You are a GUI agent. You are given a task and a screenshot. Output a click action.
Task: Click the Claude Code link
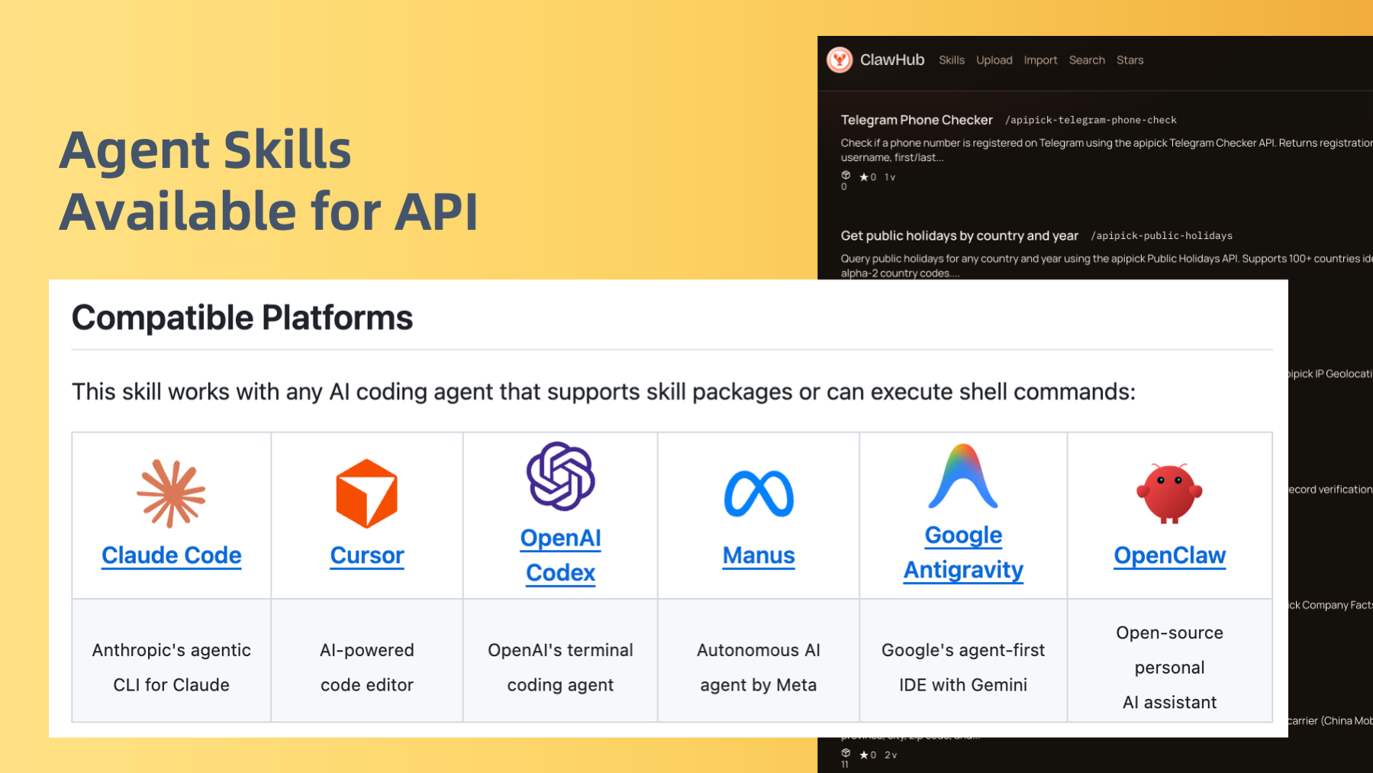[x=172, y=555]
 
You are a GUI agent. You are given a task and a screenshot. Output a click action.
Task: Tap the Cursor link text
[x=367, y=555]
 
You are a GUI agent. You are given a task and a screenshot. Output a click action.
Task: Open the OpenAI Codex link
[x=560, y=555]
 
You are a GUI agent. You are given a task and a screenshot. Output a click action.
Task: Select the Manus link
[x=759, y=555]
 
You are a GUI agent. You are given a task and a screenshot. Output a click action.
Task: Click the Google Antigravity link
[x=963, y=553]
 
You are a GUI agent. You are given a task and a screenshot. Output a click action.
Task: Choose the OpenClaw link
[x=1169, y=555]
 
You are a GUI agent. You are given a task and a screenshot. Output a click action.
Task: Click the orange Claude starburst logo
[x=172, y=493]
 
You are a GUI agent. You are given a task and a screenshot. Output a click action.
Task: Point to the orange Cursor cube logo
[x=367, y=493]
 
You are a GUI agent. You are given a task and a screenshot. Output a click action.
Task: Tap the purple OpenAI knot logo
[x=561, y=476]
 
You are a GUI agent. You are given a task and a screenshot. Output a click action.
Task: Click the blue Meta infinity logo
[x=759, y=493]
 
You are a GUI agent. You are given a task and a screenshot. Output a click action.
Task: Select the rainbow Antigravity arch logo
[x=963, y=477]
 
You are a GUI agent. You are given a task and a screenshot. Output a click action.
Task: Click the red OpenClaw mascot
[x=1169, y=493]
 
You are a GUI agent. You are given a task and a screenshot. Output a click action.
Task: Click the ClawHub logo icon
[x=840, y=60]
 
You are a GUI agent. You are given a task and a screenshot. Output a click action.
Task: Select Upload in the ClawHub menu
[x=994, y=60]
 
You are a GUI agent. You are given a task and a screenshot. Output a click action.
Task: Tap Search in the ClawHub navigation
[x=1087, y=60]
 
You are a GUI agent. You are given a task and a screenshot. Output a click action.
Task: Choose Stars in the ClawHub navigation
[x=1130, y=60]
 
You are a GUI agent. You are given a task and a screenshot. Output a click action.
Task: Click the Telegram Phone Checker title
[x=917, y=120]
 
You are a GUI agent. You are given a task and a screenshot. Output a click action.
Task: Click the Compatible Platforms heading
[x=242, y=318]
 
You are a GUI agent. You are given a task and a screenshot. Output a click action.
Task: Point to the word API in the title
[x=436, y=212]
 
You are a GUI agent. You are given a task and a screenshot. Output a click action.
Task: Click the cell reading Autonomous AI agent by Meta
[x=759, y=667]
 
